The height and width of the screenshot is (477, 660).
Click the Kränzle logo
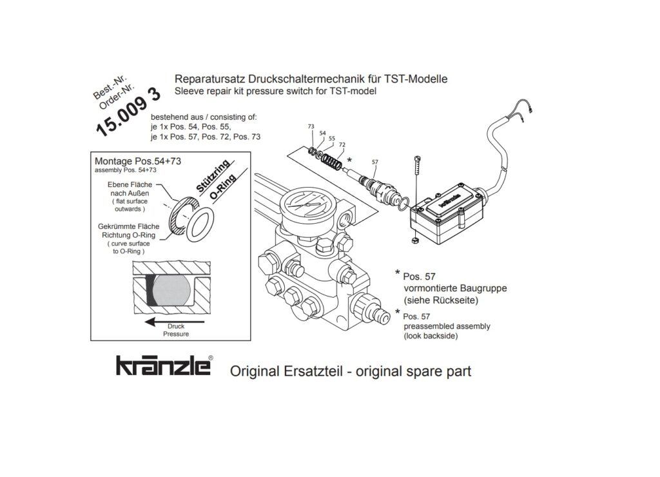(x=164, y=365)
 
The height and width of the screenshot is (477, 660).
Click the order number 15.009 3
(x=128, y=113)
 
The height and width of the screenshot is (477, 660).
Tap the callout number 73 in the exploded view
(x=311, y=126)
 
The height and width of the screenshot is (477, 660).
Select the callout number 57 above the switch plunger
(x=374, y=162)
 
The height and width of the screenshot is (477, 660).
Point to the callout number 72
(x=342, y=145)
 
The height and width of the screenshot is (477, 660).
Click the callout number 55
(x=332, y=139)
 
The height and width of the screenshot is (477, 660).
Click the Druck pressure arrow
(x=174, y=322)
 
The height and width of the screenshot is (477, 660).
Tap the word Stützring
(x=213, y=176)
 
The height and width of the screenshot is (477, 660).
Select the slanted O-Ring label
(x=222, y=187)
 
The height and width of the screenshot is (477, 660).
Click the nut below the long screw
(x=414, y=240)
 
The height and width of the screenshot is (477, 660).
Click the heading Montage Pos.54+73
(x=138, y=161)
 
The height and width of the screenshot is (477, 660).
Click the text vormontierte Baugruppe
(x=455, y=288)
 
